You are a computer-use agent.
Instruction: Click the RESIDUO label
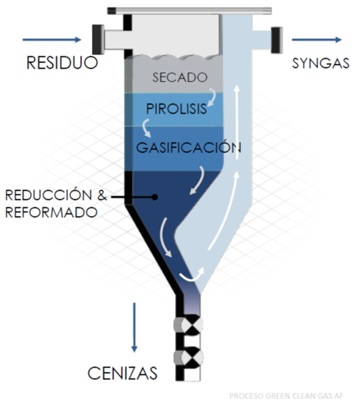point(62,63)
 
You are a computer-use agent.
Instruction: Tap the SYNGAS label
point(321,63)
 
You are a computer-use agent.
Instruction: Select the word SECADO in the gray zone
point(180,77)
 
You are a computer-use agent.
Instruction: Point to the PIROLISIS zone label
point(176,109)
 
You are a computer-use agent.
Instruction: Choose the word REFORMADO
point(51,212)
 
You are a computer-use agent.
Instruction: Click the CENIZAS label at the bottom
point(123,373)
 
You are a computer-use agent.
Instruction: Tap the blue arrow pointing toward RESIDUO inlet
point(52,39)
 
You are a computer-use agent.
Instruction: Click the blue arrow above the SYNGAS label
point(317,39)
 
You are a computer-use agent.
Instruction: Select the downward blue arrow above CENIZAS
point(134,327)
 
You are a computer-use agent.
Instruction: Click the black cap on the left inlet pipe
point(98,39)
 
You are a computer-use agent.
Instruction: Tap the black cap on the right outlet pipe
point(277,40)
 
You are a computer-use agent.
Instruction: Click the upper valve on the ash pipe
point(189,325)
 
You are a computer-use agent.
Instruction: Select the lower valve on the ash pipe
point(189,357)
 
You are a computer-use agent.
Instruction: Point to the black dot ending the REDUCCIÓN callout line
point(155,197)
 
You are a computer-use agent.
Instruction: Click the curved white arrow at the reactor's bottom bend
point(192,276)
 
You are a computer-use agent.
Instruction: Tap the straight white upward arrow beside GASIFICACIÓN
point(237,122)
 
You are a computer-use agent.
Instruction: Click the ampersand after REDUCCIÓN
point(102,195)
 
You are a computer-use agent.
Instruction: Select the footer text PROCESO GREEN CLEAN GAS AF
point(286,396)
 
